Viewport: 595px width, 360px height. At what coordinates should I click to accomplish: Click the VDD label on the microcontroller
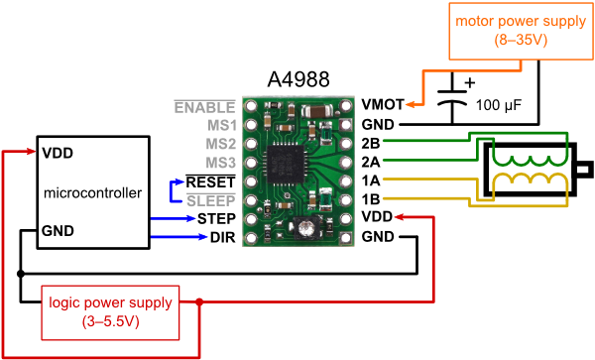59,154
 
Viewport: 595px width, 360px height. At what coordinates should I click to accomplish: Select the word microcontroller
93,192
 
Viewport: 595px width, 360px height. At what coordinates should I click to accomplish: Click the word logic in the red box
65,302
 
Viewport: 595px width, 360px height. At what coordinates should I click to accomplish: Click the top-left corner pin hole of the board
251,105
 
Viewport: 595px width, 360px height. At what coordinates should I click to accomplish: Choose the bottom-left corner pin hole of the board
251,238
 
